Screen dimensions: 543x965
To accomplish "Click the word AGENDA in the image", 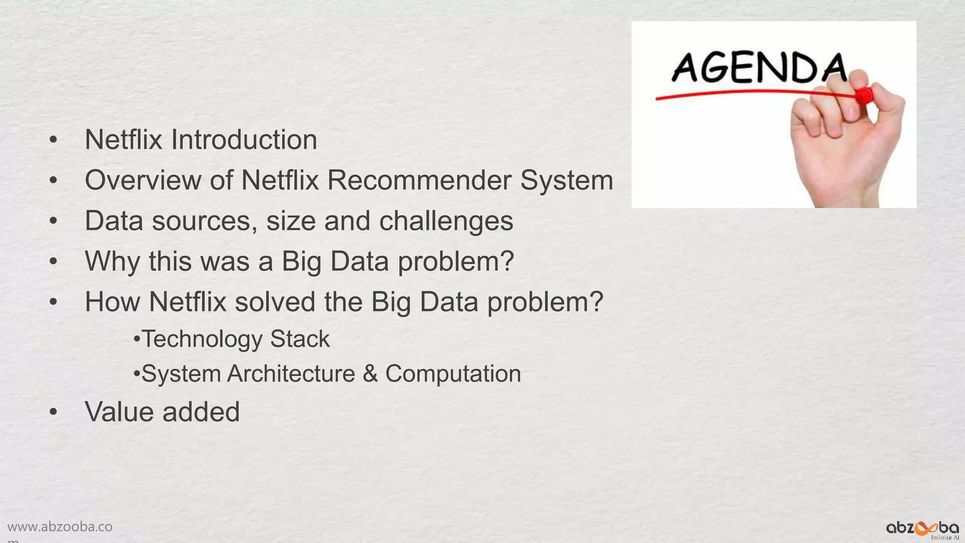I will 759,68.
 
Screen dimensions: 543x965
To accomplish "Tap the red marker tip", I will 864,96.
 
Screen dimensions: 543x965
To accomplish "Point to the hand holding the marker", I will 848,141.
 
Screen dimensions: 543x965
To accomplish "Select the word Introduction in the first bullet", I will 244,140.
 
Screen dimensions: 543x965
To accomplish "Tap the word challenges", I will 446,221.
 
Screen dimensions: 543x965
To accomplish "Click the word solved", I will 275,302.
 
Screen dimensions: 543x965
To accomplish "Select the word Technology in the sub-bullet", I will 202,339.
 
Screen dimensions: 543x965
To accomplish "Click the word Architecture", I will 291,374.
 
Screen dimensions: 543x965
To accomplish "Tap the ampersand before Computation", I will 370,374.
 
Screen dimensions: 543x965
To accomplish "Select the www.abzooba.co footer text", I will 60,527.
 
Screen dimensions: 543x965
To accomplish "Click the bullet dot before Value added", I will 53,412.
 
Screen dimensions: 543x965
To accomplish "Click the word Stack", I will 300,339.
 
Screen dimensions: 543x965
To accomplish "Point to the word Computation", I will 453,374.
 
